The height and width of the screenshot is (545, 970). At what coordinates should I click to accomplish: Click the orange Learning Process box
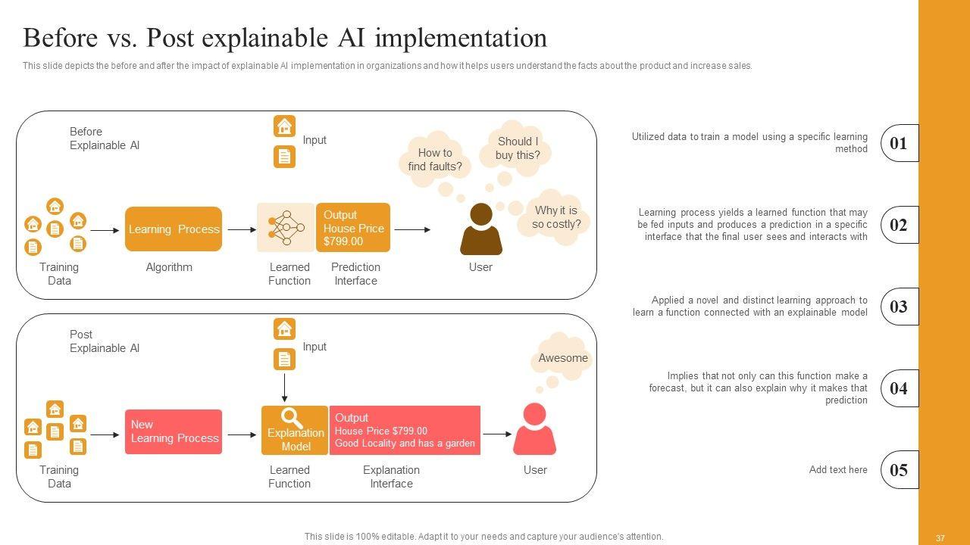[174, 229]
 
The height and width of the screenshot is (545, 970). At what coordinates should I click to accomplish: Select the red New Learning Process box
[174, 431]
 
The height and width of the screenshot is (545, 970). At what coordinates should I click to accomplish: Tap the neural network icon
[286, 228]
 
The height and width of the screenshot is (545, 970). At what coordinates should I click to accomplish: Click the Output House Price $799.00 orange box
[353, 228]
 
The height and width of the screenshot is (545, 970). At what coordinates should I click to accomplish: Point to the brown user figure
[481, 229]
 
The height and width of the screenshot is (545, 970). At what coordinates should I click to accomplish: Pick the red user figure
[534, 429]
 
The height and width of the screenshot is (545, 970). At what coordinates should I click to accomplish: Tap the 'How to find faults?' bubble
[435, 159]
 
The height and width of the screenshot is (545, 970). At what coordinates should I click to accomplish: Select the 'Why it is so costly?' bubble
[554, 217]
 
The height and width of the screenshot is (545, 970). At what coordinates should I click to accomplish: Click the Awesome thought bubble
[562, 357]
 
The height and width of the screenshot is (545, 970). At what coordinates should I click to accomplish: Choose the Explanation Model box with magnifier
[295, 431]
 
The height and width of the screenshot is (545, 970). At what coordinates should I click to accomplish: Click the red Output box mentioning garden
[405, 431]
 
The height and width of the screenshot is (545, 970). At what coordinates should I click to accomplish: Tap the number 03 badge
[900, 307]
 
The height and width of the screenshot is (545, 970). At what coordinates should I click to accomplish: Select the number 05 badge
[900, 470]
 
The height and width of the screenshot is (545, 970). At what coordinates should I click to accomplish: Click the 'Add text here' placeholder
[838, 470]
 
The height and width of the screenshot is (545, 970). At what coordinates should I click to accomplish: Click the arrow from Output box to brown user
[412, 229]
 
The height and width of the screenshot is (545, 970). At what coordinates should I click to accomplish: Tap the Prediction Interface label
[355, 274]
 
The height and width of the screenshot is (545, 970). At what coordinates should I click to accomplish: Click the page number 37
[940, 538]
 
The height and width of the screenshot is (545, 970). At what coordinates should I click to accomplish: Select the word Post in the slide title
[171, 38]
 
